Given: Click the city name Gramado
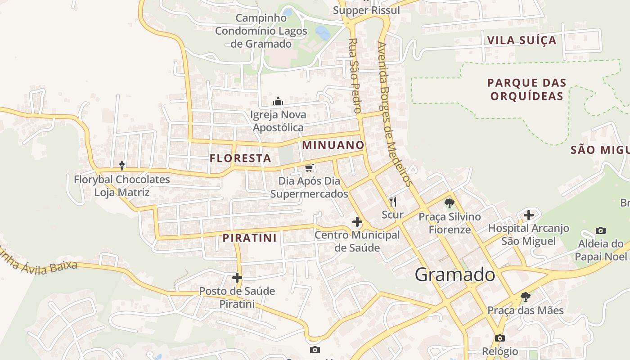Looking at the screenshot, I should (x=455, y=274).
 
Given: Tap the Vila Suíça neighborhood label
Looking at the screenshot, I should (x=522, y=40).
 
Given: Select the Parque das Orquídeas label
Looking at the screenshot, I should (x=526, y=90).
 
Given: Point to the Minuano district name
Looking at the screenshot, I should (x=333, y=145).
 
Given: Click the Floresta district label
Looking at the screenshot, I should (x=240, y=158).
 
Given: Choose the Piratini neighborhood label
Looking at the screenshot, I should (x=250, y=238).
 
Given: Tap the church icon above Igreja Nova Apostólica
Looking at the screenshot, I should (x=279, y=101).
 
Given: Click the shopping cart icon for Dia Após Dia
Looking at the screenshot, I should (x=309, y=168).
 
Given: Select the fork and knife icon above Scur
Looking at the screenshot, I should (x=393, y=201).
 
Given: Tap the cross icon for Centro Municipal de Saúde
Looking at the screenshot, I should (x=357, y=222).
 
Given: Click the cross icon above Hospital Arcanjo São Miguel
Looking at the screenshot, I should (x=529, y=215).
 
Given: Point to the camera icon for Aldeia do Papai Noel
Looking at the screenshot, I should (x=600, y=231).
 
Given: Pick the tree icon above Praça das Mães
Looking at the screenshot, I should (x=525, y=297).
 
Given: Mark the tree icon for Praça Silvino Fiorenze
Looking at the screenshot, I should (x=449, y=203).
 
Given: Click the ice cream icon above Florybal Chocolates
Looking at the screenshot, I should (x=121, y=166).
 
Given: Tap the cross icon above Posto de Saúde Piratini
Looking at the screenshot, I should (x=237, y=278).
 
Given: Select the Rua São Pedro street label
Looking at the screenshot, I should (x=355, y=76).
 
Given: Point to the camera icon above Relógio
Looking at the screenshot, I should (x=499, y=338).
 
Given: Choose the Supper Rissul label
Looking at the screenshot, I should (x=366, y=10).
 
